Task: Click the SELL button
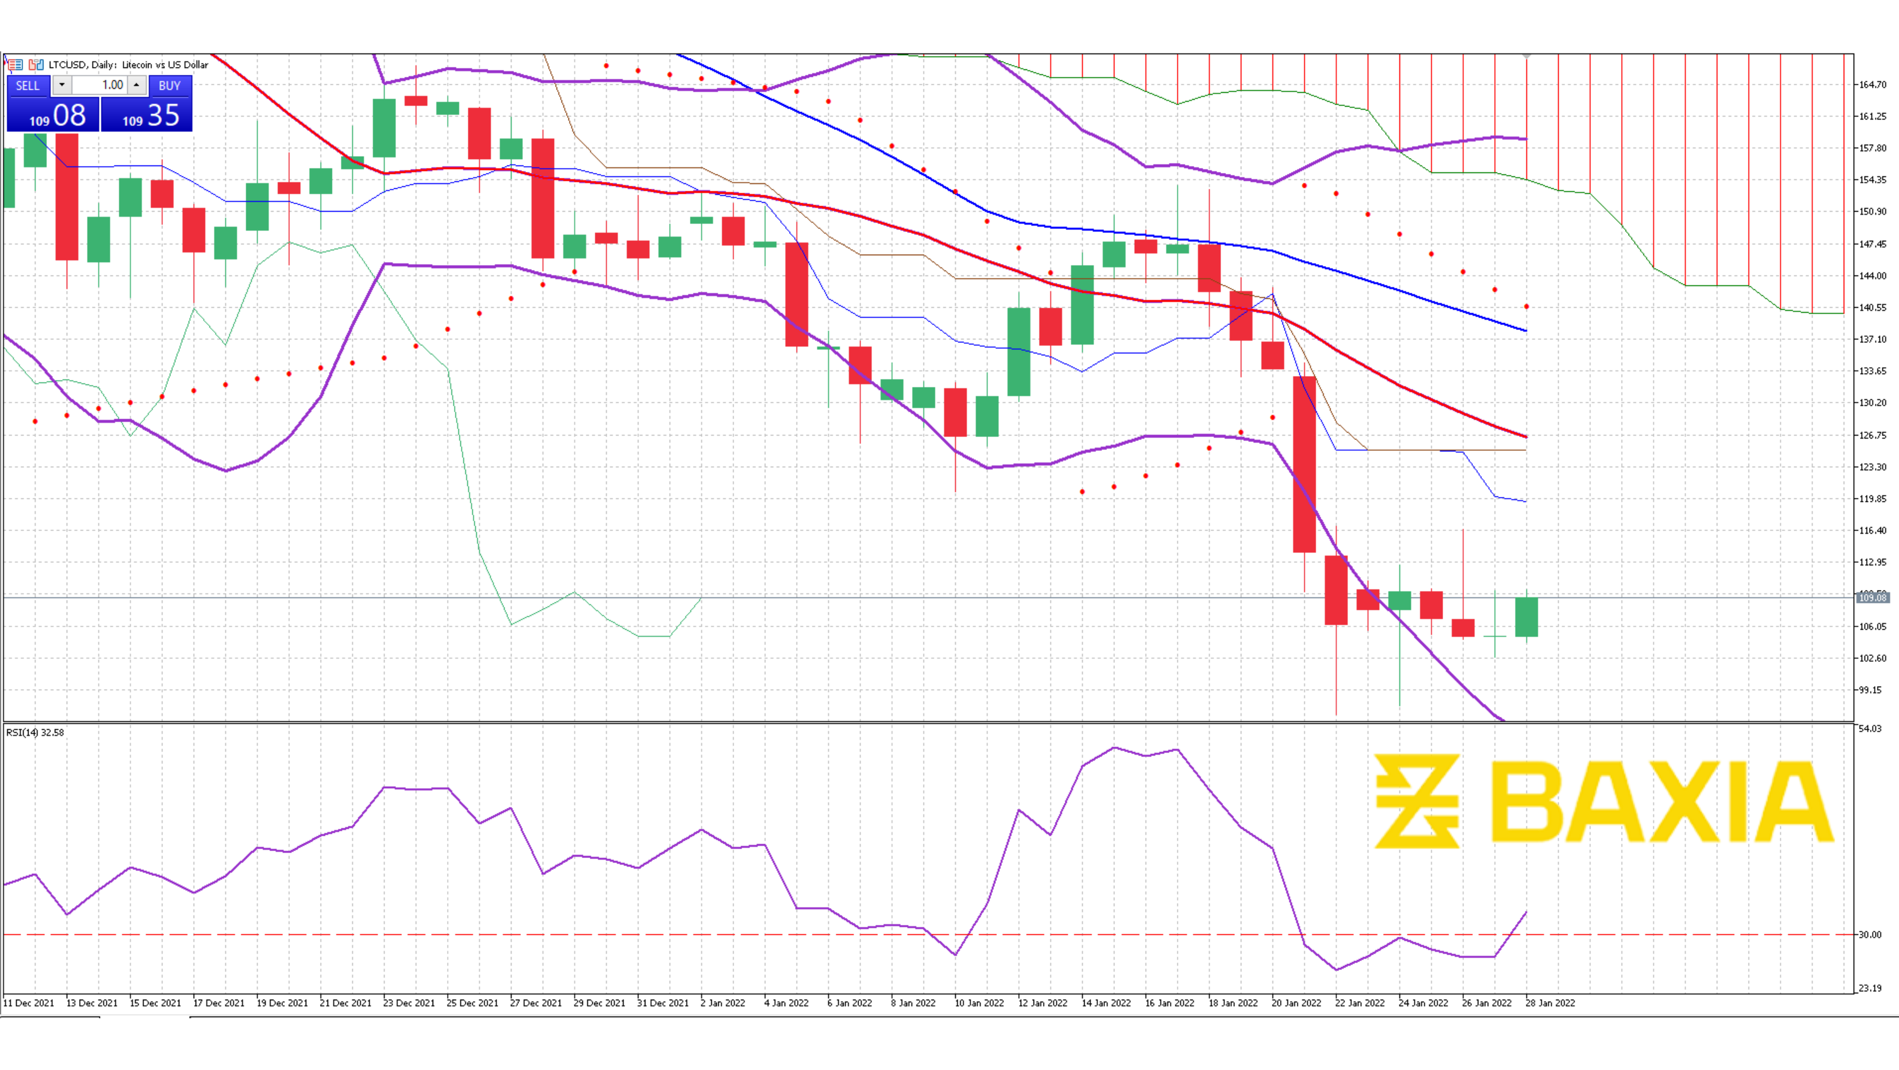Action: click(28, 86)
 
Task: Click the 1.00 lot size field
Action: click(100, 86)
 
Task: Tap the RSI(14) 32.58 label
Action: click(35, 732)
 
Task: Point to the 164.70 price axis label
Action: click(1872, 85)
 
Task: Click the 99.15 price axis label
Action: click(1870, 690)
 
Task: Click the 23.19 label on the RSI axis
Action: click(1870, 988)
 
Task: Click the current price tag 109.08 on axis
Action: click(1872, 597)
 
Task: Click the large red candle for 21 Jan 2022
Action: click(1304, 465)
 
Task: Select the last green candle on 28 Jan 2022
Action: click(1526, 617)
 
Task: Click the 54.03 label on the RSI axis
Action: click(1870, 728)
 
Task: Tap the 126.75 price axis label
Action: click(1872, 435)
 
